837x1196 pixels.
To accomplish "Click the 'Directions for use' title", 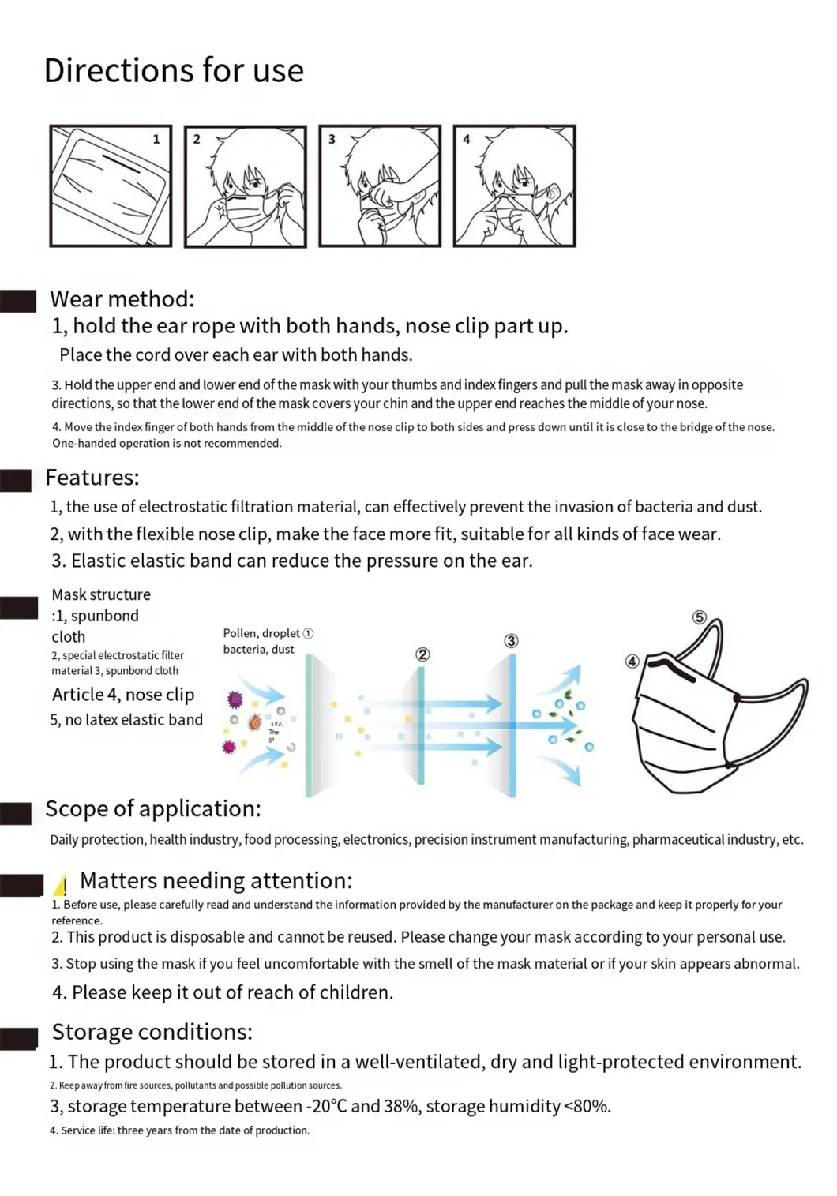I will (174, 70).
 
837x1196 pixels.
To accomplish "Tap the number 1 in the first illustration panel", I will (156, 139).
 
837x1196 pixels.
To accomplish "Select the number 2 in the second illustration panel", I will (197, 139).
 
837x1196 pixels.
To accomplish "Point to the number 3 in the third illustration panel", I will (332, 139).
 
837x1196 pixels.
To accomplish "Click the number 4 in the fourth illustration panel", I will (466, 139).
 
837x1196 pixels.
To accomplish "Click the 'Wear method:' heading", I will (122, 299).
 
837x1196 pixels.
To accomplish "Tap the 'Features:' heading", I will (92, 478).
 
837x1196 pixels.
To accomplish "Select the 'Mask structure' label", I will (101, 594).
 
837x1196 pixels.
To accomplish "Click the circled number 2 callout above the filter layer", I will (422, 654).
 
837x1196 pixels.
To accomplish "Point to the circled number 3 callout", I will (511, 641).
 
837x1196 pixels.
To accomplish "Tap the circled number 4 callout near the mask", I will (632, 662).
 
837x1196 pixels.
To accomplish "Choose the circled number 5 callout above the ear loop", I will (699, 617).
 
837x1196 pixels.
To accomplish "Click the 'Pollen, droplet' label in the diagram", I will (261, 633).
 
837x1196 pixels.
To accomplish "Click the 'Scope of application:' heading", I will (152, 808).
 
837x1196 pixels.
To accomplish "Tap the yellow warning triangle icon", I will (62, 885).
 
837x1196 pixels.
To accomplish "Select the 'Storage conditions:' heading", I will (152, 1032).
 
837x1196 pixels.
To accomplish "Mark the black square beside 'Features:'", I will (16, 481).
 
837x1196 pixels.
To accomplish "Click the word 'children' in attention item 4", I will (355, 992).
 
